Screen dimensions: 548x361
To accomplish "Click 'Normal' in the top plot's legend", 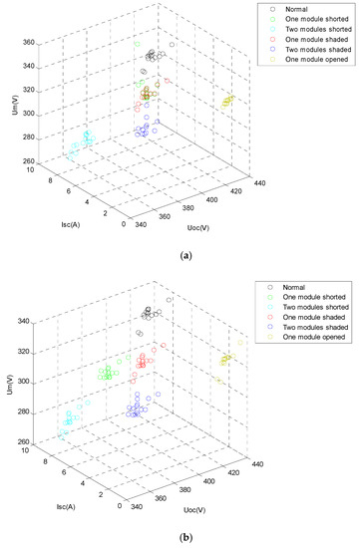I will pyautogui.click(x=298, y=9).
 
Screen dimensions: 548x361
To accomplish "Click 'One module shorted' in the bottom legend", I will pyautogui.click(x=315, y=300).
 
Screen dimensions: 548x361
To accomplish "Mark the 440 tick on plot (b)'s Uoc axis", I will pyautogui.click(x=260, y=463).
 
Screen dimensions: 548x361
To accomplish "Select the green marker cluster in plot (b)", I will pyautogui.click(x=107, y=374).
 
